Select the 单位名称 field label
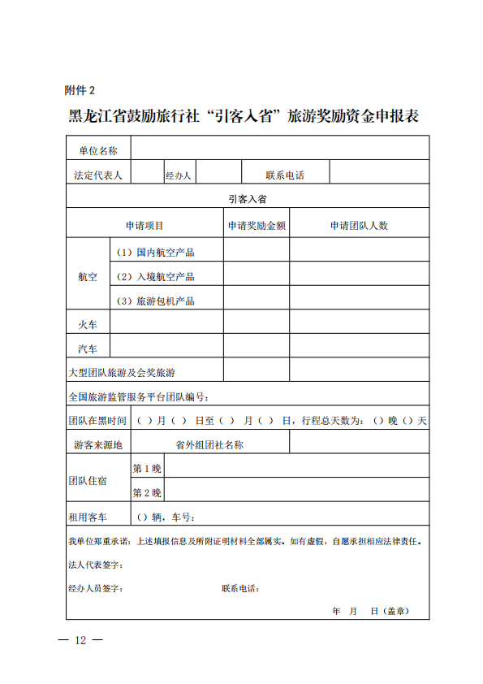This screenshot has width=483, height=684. click(98, 149)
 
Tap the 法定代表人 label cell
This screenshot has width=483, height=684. click(98, 175)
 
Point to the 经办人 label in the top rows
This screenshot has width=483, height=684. click(178, 175)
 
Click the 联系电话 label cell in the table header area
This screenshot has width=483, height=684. click(285, 175)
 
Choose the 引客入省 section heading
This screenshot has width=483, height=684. click(248, 199)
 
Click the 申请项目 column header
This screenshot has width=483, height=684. click(144, 225)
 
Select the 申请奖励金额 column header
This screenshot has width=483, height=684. click(257, 225)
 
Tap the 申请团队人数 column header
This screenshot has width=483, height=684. click(359, 225)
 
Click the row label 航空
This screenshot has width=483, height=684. click(88, 276)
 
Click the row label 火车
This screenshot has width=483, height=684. click(88, 324)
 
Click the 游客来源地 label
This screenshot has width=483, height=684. click(97, 444)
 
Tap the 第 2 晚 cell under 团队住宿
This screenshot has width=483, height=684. click(147, 492)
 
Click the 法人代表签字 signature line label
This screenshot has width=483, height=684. click(96, 564)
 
